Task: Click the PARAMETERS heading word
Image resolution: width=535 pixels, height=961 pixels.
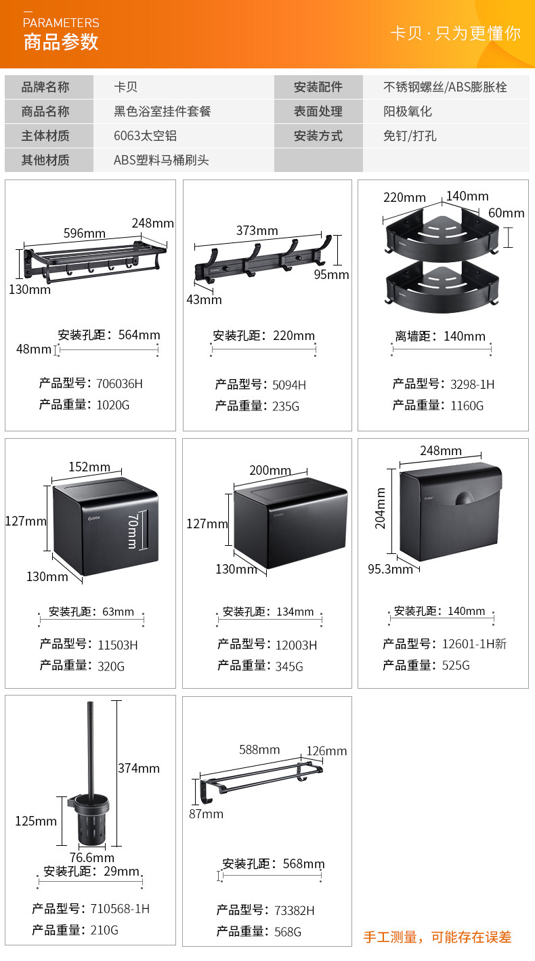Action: [x=61, y=23]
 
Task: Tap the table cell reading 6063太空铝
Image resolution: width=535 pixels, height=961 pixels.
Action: [x=145, y=135]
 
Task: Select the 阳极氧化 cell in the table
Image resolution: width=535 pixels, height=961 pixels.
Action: [x=407, y=111]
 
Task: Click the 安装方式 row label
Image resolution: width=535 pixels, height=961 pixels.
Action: [x=318, y=135]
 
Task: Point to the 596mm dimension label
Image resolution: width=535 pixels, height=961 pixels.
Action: [x=84, y=233]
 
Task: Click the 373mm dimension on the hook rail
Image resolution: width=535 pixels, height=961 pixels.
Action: [x=257, y=231]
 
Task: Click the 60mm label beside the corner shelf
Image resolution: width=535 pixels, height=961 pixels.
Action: [x=506, y=213]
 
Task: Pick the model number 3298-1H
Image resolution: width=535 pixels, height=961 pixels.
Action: [x=472, y=384]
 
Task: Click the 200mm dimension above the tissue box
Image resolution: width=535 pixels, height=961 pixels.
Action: [x=270, y=471]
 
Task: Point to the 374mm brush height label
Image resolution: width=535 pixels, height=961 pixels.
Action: [x=138, y=768]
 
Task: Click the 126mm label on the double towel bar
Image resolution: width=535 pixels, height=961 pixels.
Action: [x=326, y=750]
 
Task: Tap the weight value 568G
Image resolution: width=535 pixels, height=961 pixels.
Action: [x=288, y=932]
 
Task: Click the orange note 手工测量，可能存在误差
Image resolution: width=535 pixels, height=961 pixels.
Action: [x=437, y=937]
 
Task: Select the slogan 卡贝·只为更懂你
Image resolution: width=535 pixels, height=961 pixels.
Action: [x=455, y=33]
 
